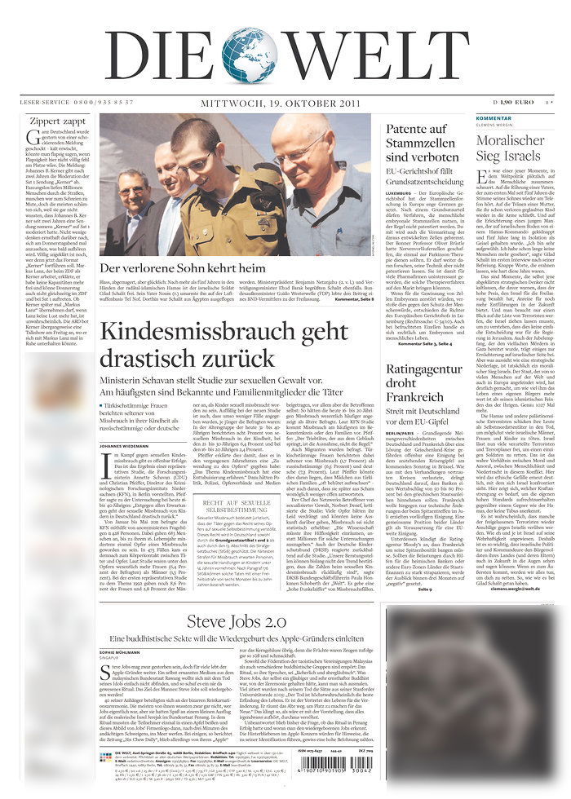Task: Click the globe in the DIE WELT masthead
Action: (249, 55)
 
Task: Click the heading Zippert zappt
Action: (56, 121)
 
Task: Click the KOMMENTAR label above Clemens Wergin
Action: (494, 119)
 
